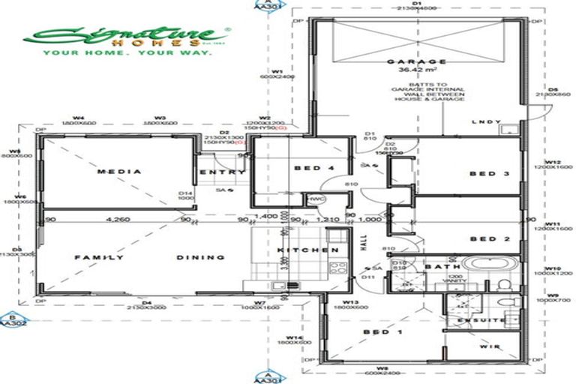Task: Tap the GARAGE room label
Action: tap(416, 62)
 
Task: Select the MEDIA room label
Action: tap(119, 172)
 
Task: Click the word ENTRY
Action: tap(223, 172)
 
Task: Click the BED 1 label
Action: tap(376, 331)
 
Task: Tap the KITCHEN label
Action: tap(304, 250)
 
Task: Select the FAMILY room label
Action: tap(98, 257)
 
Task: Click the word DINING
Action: tap(200, 257)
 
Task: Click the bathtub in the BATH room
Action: tap(486, 264)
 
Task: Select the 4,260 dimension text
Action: tap(119, 220)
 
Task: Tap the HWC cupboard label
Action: tap(314, 199)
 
